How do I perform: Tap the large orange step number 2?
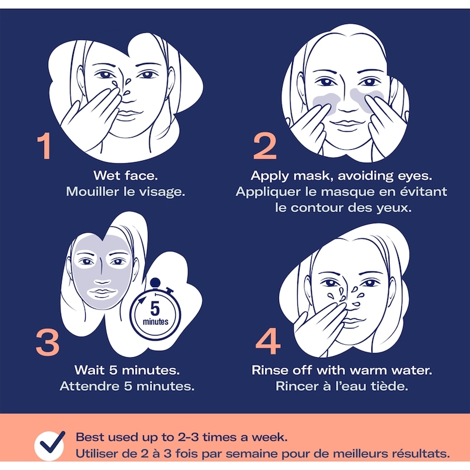(265, 146)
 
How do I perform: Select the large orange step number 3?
(48, 343)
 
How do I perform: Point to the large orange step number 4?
(268, 341)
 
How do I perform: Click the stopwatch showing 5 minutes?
(155, 312)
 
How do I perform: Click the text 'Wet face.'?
(126, 176)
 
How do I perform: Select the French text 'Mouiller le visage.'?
(126, 192)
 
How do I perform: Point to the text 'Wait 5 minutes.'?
(127, 370)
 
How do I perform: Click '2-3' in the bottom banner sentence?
(188, 437)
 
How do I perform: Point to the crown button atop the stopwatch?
(155, 283)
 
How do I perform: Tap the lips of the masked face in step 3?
(102, 292)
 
